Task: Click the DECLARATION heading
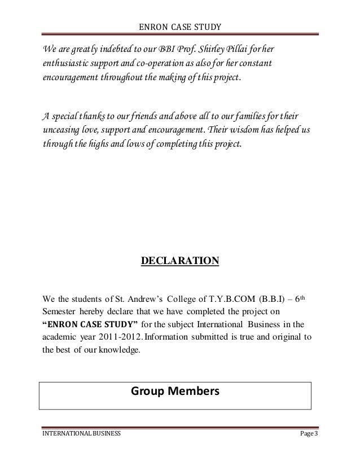click(x=179, y=261)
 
